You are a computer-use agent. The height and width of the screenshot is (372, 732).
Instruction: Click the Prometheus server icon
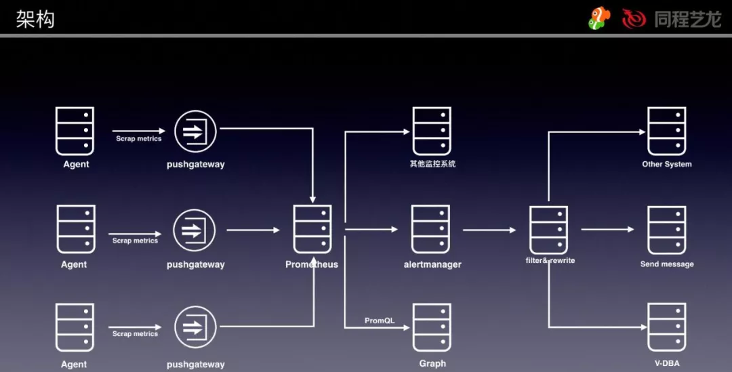[x=312, y=230]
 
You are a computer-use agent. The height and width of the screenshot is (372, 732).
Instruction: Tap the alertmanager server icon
[x=431, y=230]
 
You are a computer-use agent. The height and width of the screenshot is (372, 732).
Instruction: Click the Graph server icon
[x=432, y=328]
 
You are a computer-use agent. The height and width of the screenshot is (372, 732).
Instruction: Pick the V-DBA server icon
[x=667, y=328]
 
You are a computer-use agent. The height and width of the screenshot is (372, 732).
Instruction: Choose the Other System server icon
[x=667, y=131]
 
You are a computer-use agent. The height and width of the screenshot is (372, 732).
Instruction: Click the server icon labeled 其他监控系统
[x=432, y=131]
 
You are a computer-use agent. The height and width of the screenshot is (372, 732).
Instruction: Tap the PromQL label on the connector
[x=380, y=321]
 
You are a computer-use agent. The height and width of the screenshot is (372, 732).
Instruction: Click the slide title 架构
[x=35, y=18]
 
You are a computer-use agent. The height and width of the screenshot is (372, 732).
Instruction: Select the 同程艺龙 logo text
[x=687, y=19]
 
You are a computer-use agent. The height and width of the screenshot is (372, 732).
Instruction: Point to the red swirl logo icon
[x=634, y=19]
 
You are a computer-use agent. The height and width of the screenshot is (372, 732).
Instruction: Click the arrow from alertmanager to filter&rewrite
[x=489, y=230]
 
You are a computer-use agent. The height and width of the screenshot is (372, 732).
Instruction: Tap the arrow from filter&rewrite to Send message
[x=607, y=230]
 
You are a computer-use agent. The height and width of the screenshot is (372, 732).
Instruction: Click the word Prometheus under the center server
[x=312, y=264]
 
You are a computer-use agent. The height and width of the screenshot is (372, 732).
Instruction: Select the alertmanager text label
[x=432, y=264]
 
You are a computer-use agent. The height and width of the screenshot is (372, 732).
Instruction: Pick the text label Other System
[x=667, y=164]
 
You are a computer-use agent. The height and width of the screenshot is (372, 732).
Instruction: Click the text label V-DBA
[x=667, y=363]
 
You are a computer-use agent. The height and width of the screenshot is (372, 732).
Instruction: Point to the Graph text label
[x=432, y=363]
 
